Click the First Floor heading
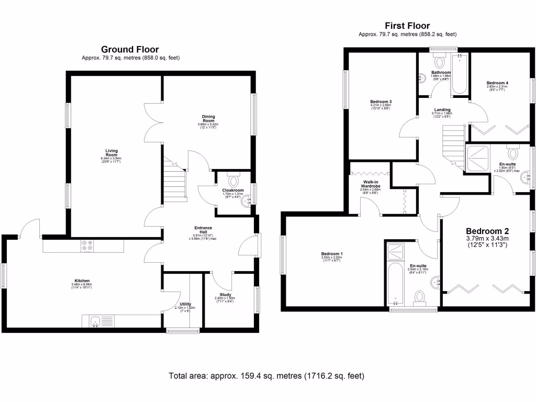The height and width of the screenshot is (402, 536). pos(407,26)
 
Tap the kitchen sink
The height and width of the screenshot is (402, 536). pos(96,321)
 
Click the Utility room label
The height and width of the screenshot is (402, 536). pos(185,304)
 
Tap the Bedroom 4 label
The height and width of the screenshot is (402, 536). pos(497,83)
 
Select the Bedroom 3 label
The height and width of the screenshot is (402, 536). pos(381,102)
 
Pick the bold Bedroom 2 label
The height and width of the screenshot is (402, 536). pos(487,231)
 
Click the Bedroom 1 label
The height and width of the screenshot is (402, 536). pos(331,254)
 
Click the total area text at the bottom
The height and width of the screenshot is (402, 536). pos(266,376)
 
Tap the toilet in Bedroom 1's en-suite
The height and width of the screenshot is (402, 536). pos(419,297)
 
